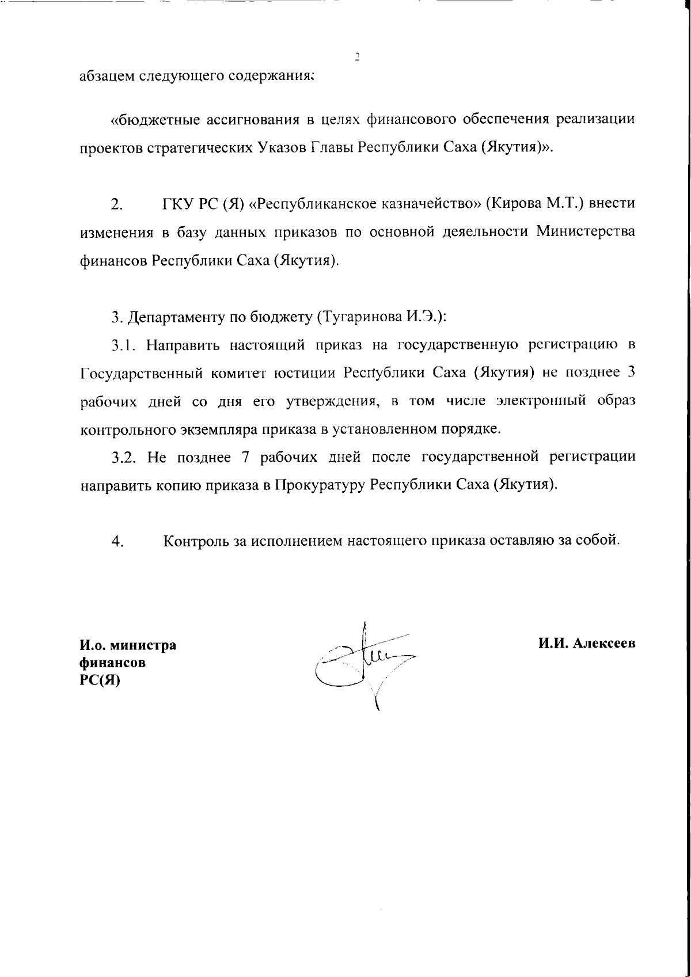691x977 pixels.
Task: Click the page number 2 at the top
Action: pos(356,56)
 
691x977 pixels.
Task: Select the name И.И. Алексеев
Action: pos(587,644)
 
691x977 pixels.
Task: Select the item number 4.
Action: pos(118,541)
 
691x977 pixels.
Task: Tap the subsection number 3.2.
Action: pos(124,457)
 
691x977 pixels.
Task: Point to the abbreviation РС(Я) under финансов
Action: pos(99,681)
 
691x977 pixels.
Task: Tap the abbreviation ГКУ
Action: pos(175,204)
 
